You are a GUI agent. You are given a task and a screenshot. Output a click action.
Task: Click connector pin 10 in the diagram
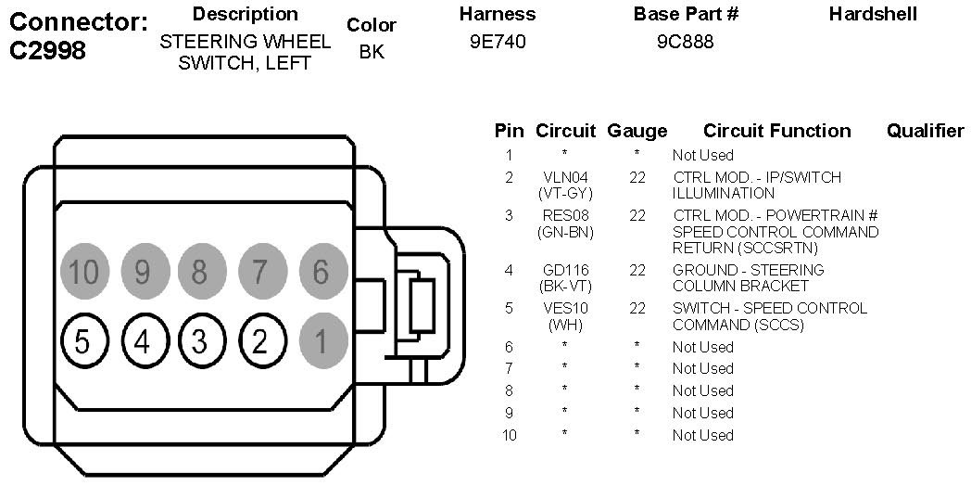point(83,272)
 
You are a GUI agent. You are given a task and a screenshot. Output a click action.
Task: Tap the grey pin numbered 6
point(320,272)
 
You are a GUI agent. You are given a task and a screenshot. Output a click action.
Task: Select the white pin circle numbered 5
point(83,342)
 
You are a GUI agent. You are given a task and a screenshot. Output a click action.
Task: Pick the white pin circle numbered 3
point(200,342)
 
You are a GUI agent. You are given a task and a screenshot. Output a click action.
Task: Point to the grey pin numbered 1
point(320,342)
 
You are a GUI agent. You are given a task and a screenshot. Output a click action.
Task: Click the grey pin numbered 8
point(200,272)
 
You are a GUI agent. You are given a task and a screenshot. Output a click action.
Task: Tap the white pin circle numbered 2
point(260,342)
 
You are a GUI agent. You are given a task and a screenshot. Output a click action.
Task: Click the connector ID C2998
point(47,50)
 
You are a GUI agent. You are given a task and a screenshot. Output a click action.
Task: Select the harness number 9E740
point(498,42)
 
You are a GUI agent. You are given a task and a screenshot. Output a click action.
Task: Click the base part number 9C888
point(685,42)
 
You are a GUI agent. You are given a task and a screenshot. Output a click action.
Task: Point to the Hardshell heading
point(873,14)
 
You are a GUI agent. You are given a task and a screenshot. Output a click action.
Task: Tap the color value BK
point(371,52)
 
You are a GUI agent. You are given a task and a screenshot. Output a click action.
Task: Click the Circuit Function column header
point(776,131)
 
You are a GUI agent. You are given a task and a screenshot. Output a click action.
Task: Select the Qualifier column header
point(925,131)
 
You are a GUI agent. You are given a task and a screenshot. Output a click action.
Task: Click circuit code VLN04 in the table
point(565,177)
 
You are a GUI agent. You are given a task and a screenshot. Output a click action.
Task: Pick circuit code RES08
point(565,215)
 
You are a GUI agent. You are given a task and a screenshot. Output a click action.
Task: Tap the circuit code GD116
point(565,270)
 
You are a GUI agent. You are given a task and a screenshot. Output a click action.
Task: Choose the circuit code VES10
point(565,308)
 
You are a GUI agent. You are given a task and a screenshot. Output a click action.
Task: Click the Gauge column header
point(637,131)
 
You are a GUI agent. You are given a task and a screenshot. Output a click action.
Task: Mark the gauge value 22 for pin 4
point(637,270)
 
